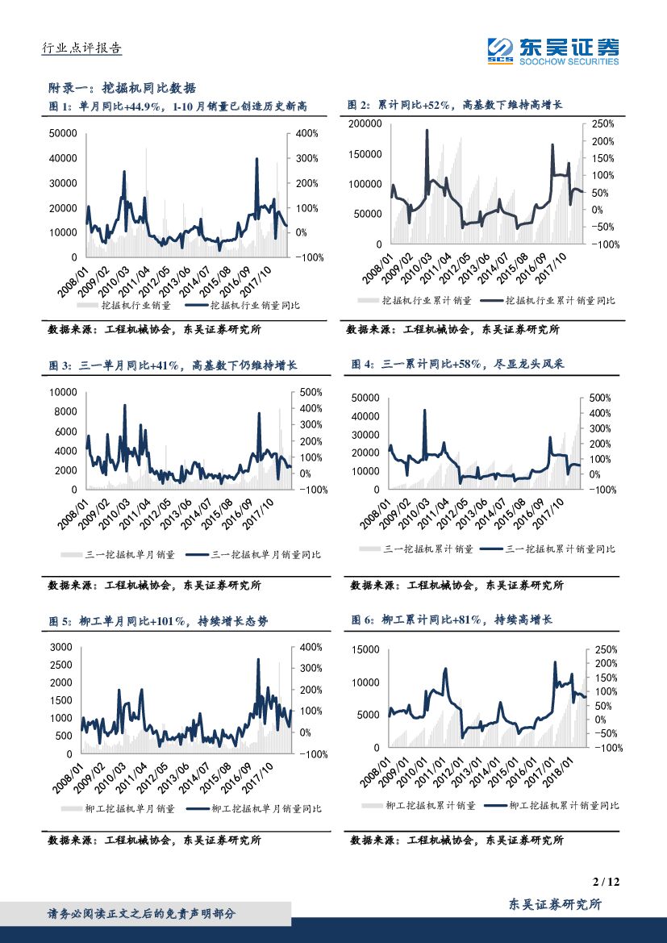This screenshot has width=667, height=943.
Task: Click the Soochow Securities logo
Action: [553, 51]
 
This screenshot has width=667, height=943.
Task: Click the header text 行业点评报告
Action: [81, 48]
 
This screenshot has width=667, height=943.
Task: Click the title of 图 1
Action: [178, 106]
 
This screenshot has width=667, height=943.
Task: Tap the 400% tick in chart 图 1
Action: [308, 133]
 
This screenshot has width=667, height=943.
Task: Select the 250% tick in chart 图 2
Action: [603, 123]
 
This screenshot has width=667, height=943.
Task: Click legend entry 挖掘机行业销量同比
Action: [255, 306]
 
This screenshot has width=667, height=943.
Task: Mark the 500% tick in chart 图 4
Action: [602, 398]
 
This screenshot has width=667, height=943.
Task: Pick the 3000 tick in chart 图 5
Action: [60, 647]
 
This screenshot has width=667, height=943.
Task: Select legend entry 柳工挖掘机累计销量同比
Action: [564, 805]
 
